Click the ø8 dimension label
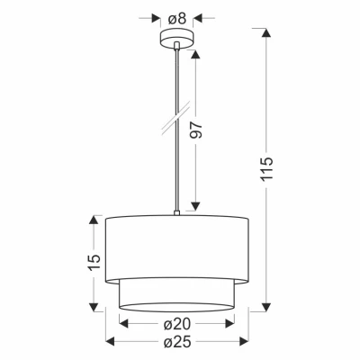[x=177, y=19]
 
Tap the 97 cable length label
[x=197, y=130]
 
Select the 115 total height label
[x=266, y=168]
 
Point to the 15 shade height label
[x=94, y=263]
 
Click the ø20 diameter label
[x=177, y=324]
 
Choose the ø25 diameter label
[x=177, y=341]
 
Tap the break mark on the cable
[x=176, y=119]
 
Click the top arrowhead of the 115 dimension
[x=266, y=32]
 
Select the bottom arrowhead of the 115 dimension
[x=266, y=307]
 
